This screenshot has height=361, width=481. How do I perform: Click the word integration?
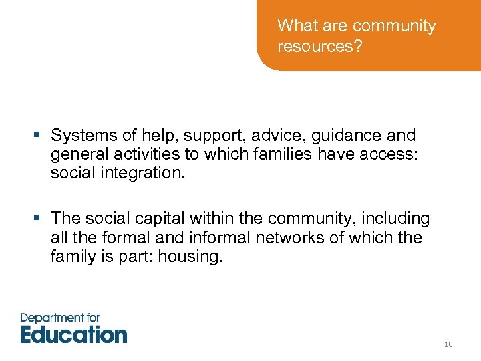[x=142, y=174]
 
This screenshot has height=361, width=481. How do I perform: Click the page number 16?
[x=448, y=344]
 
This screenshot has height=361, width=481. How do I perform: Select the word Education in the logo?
[x=74, y=333]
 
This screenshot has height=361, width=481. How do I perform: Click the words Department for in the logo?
[x=60, y=316]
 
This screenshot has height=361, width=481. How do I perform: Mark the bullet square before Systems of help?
[x=39, y=136]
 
